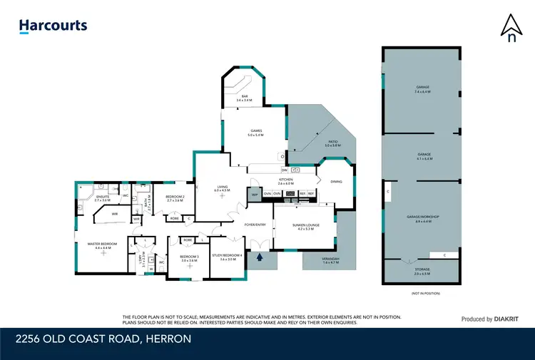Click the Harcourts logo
point(53,26)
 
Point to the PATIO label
point(332,143)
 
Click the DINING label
point(337,182)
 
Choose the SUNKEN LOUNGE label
point(303,226)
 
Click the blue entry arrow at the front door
point(260,257)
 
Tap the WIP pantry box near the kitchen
point(254,194)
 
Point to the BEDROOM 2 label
point(175,198)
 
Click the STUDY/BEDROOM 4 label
point(232,256)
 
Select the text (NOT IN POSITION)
point(425,293)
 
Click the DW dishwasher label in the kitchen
point(285,170)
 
